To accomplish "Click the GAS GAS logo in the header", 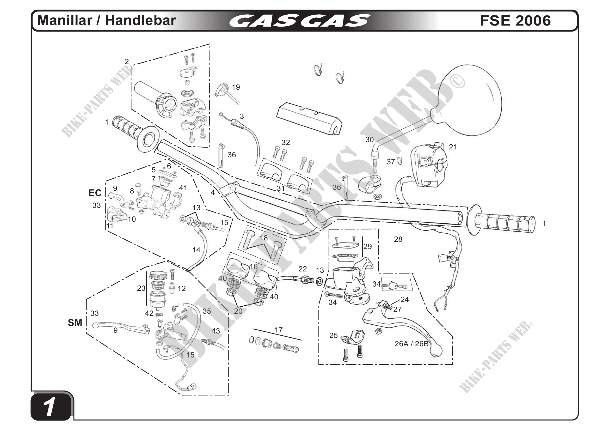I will tap(300, 21).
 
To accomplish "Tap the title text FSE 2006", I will tap(515, 21).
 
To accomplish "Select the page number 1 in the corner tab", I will tap(50, 408).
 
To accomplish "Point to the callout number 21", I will tap(453, 147).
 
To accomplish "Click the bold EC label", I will tap(95, 193).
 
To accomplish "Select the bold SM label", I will tap(75, 323).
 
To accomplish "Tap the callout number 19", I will tap(236, 87).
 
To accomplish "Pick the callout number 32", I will tap(286, 143).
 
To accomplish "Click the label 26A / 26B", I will tap(411, 344).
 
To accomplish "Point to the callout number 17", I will tap(279, 330).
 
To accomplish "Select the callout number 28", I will tap(398, 239).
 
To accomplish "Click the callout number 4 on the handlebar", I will tap(212, 192).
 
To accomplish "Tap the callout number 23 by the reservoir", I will tap(141, 288).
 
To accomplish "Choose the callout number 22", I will tap(303, 269).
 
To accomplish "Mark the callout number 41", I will tap(183, 188).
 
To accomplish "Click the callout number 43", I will tap(216, 331).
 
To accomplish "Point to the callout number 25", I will tap(333, 336).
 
